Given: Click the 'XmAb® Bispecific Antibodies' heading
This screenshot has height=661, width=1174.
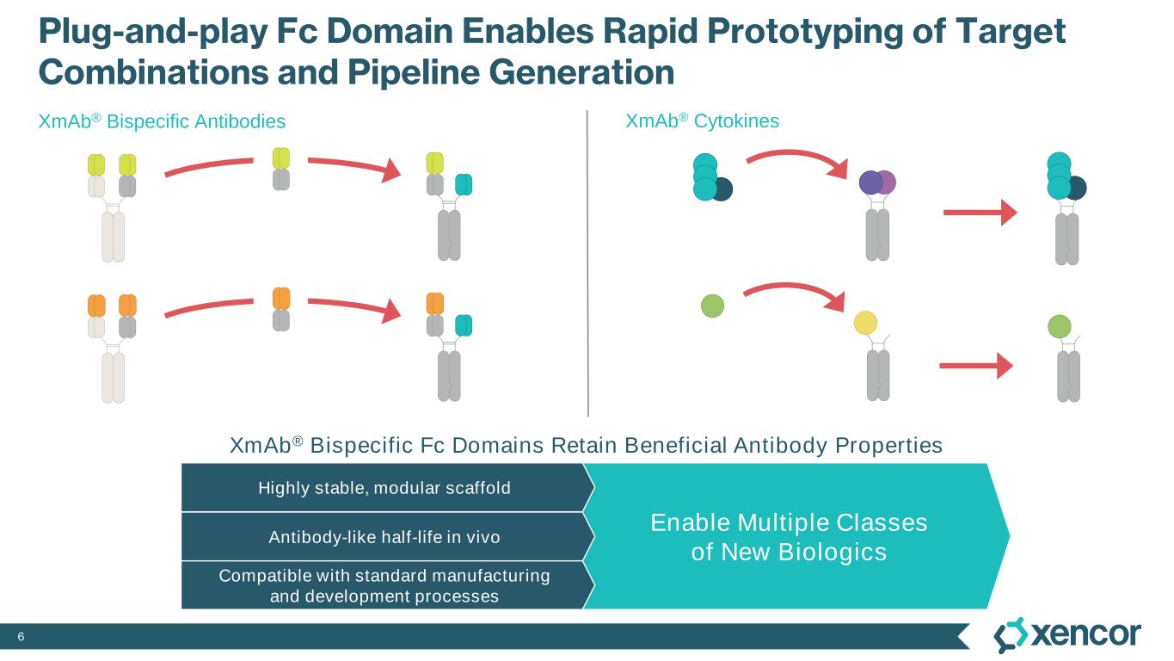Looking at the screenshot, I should click(x=162, y=122).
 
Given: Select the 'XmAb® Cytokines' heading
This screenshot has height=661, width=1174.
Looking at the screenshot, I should click(x=702, y=121).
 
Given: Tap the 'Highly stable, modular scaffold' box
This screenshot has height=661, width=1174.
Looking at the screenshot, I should click(x=384, y=488).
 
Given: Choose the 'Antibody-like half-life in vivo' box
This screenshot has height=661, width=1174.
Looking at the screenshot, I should click(x=384, y=537).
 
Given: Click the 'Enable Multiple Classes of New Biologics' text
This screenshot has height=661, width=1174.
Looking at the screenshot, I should click(x=788, y=536).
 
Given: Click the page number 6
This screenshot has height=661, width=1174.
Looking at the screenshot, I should click(x=22, y=636).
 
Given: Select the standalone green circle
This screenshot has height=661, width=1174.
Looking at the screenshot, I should click(x=713, y=306).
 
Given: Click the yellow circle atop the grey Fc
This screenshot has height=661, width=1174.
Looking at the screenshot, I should click(x=865, y=323).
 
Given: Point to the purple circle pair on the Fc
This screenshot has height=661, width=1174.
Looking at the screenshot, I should click(x=877, y=182).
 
